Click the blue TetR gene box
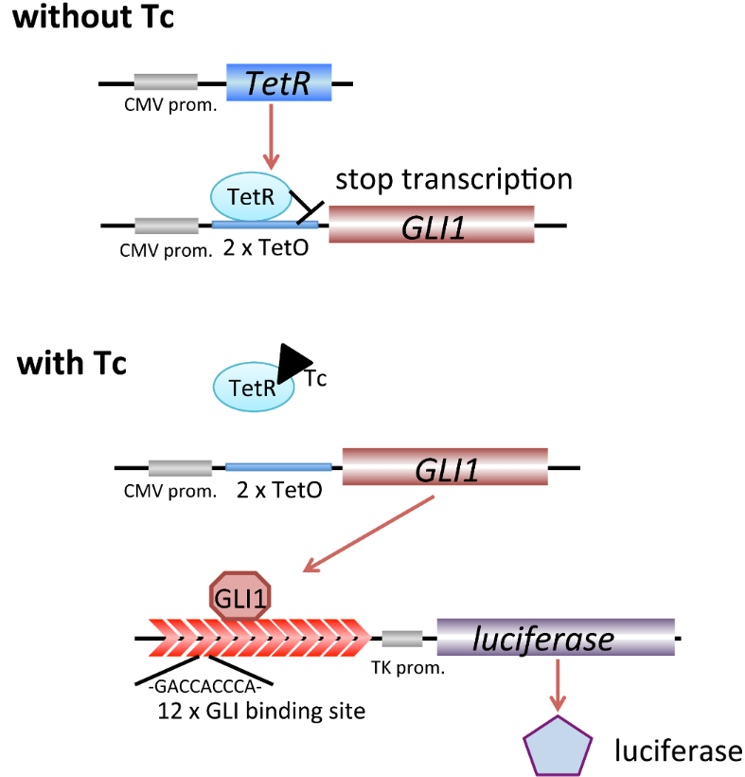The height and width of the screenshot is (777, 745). click(x=278, y=83)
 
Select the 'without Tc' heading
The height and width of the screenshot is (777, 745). click(x=93, y=19)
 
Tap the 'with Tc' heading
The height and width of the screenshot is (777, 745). click(x=71, y=364)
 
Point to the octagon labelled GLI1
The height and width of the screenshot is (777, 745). click(x=239, y=598)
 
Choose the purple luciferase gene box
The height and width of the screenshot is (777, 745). click(x=556, y=637)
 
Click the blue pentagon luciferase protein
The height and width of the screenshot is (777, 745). click(x=559, y=745)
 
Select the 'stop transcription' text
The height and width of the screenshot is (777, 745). click(x=454, y=179)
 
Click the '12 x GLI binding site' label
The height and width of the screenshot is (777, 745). click(x=261, y=711)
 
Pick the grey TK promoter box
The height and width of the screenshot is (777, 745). click(x=401, y=638)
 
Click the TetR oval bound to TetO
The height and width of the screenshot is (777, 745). click(x=243, y=197)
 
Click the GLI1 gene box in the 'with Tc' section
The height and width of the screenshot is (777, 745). click(x=444, y=467)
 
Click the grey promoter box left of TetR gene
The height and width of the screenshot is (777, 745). click(x=166, y=81)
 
